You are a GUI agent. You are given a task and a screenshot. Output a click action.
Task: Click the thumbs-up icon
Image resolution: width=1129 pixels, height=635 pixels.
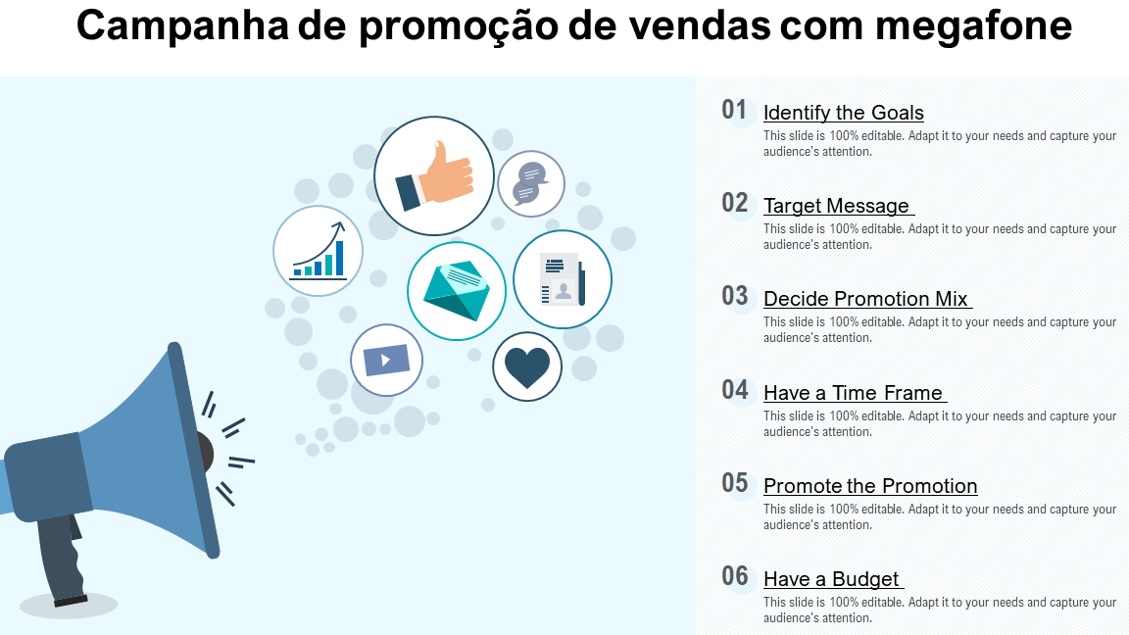pyautogui.click(x=434, y=175)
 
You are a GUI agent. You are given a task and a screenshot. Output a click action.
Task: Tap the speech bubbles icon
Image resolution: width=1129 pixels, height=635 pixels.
pyautogui.click(x=531, y=183)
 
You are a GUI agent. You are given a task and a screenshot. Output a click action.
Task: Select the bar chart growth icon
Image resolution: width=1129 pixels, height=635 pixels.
pyautogui.click(x=319, y=251)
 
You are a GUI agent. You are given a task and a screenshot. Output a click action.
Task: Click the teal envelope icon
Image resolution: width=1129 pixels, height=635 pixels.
pyautogui.click(x=457, y=291)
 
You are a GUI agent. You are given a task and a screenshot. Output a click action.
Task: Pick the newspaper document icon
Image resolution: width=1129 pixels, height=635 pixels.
pyautogui.click(x=563, y=279)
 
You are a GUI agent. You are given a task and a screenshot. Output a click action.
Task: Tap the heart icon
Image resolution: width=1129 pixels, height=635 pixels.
pyautogui.click(x=527, y=366)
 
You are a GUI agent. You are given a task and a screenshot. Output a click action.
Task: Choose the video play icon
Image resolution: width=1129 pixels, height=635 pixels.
pyautogui.click(x=387, y=360)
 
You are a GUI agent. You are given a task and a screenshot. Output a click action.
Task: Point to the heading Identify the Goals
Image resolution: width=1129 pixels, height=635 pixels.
pyautogui.click(x=843, y=113)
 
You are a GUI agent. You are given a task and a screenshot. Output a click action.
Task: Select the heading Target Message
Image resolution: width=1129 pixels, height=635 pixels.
pyautogui.click(x=837, y=206)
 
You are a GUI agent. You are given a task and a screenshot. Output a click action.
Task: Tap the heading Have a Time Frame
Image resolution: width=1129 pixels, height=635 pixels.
pyautogui.click(x=853, y=393)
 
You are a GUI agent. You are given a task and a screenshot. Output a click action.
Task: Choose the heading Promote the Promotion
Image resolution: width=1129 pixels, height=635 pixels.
pyautogui.click(x=870, y=486)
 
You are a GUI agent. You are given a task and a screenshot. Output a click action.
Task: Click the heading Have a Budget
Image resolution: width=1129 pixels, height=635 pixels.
pyautogui.click(x=831, y=579)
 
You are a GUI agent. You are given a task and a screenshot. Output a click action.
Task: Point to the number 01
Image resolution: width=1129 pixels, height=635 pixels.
pyautogui.click(x=734, y=110)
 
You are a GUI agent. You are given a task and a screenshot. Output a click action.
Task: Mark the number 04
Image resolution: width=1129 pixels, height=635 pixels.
pyautogui.click(x=734, y=390)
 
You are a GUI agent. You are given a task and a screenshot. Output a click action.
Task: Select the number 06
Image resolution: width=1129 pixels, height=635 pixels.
pyautogui.click(x=735, y=576)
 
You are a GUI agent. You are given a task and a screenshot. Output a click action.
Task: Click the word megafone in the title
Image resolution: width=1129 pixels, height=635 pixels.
pyautogui.click(x=973, y=25)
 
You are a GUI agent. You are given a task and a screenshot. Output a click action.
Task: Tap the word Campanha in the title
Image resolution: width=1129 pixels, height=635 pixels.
pyautogui.click(x=181, y=25)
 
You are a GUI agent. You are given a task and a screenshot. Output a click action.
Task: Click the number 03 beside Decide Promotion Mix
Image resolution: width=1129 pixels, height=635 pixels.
pyautogui.click(x=735, y=296)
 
